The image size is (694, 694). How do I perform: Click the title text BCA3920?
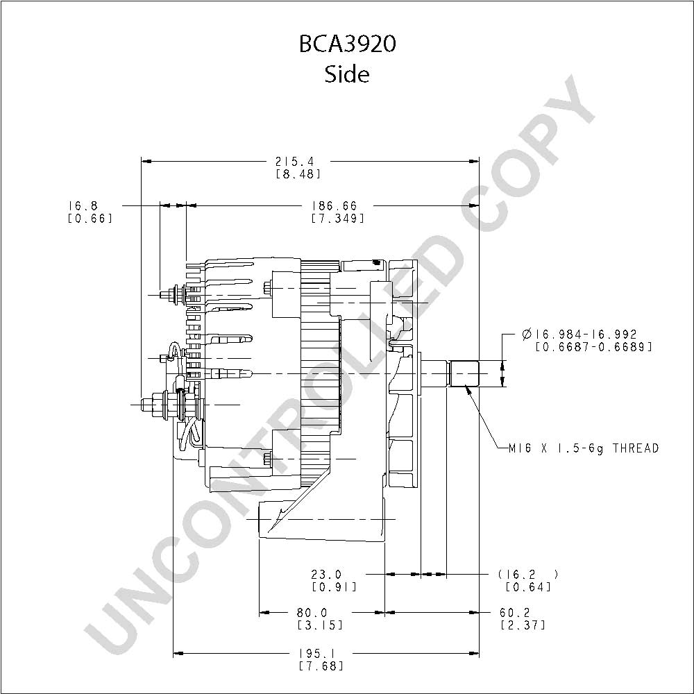coord(348,44)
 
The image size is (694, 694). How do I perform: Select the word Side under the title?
coord(347,74)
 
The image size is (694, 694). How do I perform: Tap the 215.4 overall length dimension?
coord(294,162)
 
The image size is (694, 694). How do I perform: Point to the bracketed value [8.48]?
coord(298,174)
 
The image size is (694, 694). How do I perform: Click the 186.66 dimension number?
coord(335,206)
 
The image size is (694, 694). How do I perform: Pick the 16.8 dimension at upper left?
coord(83,206)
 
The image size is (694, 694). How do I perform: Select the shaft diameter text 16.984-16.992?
coord(579,335)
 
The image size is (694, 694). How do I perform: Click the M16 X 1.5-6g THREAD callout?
coord(584,448)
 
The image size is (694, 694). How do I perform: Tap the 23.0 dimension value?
coord(326,575)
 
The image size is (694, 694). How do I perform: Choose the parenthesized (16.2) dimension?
coord(528,575)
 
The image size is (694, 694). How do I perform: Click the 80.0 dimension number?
coord(312,613)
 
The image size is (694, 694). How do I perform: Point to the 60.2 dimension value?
coord(515,613)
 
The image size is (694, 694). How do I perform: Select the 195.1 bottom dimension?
coord(318,653)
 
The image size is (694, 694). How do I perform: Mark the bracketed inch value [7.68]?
coord(321,666)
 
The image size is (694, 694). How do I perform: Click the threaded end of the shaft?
coord(464,373)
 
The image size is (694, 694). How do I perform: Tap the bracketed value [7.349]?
coord(338,218)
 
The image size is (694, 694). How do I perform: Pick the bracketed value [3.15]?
coord(320,625)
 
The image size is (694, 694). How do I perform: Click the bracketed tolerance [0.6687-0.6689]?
coord(594,346)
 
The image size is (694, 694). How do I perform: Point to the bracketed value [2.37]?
coord(523,625)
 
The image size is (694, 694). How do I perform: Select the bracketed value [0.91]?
coord(335,587)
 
